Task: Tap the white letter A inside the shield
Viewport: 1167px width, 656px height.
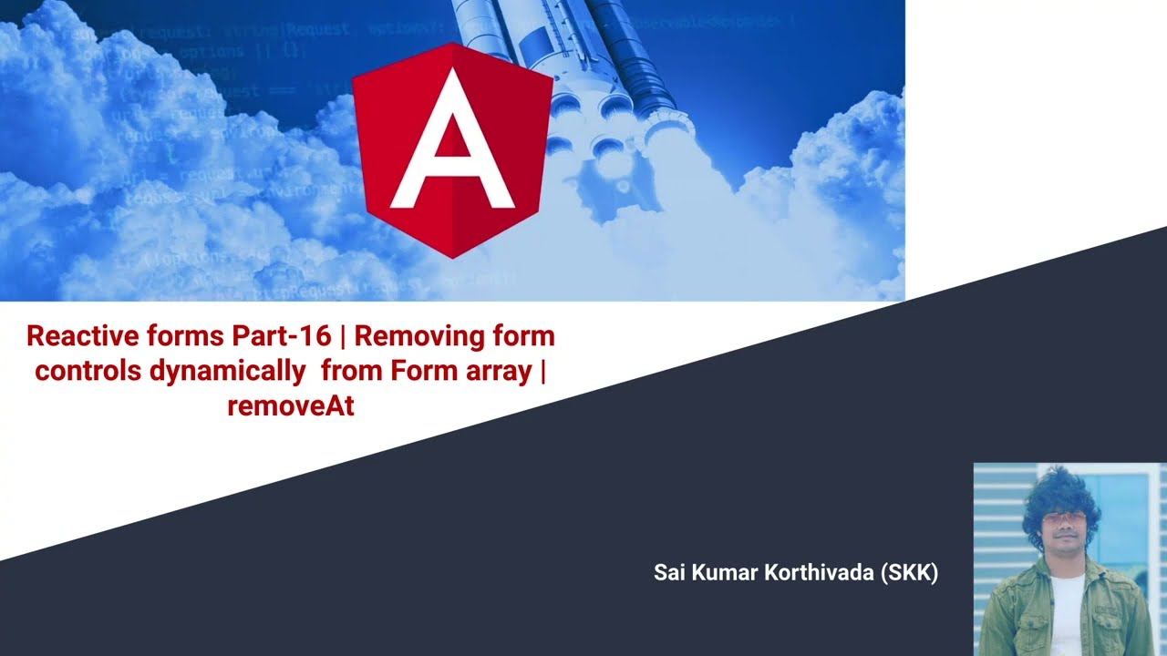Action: pos(451,146)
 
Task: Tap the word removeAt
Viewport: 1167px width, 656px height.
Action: pos(291,406)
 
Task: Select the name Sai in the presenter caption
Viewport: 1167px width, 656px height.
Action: pos(670,573)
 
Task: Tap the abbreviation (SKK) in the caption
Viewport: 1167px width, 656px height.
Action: pos(910,573)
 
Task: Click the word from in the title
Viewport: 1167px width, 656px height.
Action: pos(351,372)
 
